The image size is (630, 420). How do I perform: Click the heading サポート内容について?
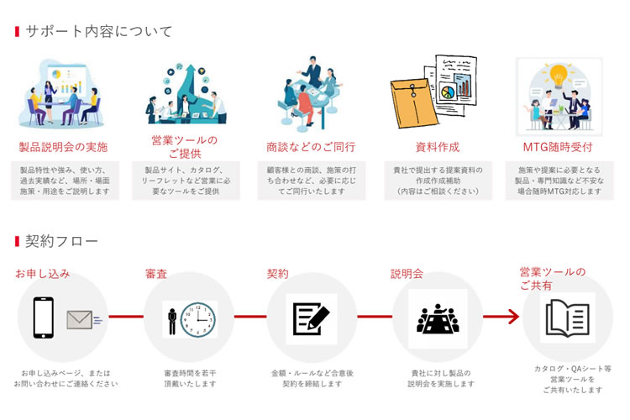[x=98, y=32]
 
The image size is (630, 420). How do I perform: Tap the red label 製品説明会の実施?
[x=64, y=147]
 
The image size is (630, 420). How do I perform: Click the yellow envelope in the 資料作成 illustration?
[x=412, y=102]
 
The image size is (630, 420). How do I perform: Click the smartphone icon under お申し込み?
[x=44, y=318]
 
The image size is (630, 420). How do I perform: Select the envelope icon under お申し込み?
[x=80, y=319]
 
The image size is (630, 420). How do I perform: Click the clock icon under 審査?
[x=198, y=319]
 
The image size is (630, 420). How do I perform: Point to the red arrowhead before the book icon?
[x=512, y=317]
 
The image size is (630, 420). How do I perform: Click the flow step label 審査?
[x=157, y=274]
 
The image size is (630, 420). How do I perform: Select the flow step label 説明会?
[x=407, y=274]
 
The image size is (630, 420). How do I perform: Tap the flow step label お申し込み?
[x=42, y=274]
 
